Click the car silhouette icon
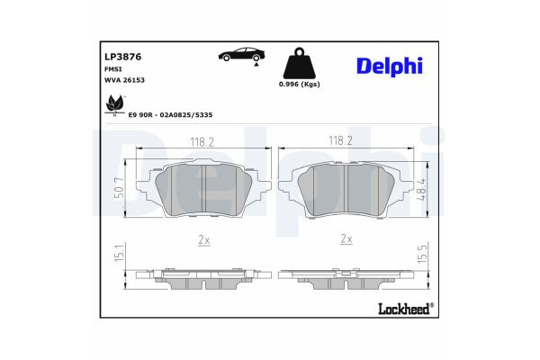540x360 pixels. (x=240, y=55)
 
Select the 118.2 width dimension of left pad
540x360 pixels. (x=202, y=142)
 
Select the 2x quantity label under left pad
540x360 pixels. (x=203, y=240)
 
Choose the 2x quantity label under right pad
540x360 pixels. (x=346, y=240)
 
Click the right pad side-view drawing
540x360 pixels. (x=347, y=277)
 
